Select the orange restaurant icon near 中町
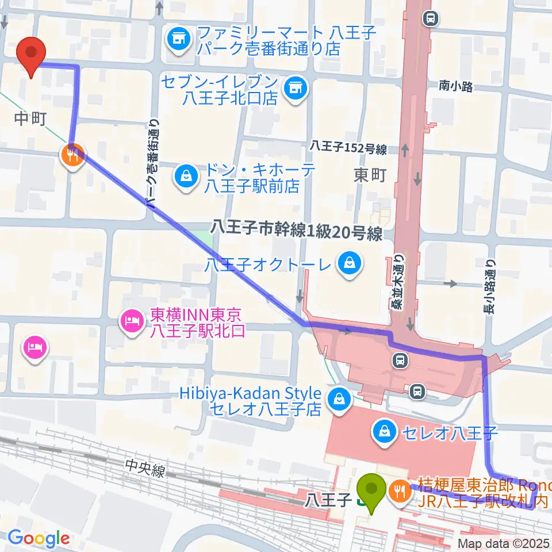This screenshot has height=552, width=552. tap(72, 155)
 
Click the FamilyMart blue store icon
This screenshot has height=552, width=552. tap(178, 40)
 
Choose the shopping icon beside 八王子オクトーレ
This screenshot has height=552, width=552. tap(348, 264)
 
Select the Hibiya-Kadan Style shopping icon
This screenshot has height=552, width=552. tap(339, 400)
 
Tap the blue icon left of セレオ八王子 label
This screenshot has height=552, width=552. tap(383, 430)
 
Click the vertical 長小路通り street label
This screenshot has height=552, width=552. tap(490, 287)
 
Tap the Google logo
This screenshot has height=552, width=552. tap(39, 539)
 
